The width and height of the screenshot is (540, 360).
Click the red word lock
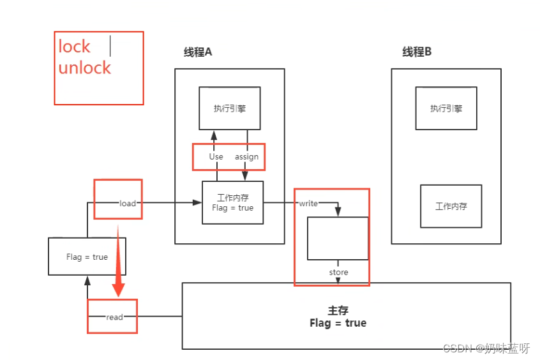pyautogui.click(x=74, y=47)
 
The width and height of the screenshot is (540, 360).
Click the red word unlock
pyautogui.click(x=85, y=68)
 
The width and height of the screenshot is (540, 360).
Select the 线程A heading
pyautogui.click(x=198, y=52)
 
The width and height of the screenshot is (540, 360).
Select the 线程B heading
pyautogui.click(x=417, y=52)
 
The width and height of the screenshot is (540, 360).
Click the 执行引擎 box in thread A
pyautogui.click(x=229, y=109)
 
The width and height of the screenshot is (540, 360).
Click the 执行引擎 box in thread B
pyautogui.click(x=446, y=109)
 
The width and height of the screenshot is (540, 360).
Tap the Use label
pyautogui.click(x=216, y=156)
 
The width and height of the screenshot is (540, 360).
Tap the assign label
pyautogui.click(x=246, y=156)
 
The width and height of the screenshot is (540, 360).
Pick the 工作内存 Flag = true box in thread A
pyautogui.click(x=232, y=203)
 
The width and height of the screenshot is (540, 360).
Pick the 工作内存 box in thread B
pyautogui.click(x=451, y=206)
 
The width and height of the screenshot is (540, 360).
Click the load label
pyautogui.click(x=128, y=204)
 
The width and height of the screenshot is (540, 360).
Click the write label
pyautogui.click(x=308, y=204)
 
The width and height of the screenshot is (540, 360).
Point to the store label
pyautogui.click(x=338, y=273)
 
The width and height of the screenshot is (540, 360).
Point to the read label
pyautogui.click(x=115, y=317)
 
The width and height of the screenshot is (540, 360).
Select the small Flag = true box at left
pyautogui.click(x=87, y=257)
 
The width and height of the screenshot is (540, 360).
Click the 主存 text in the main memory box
pyautogui.click(x=338, y=310)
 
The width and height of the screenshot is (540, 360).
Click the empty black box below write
pyautogui.click(x=338, y=238)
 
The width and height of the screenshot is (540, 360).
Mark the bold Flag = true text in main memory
pyautogui.click(x=338, y=323)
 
